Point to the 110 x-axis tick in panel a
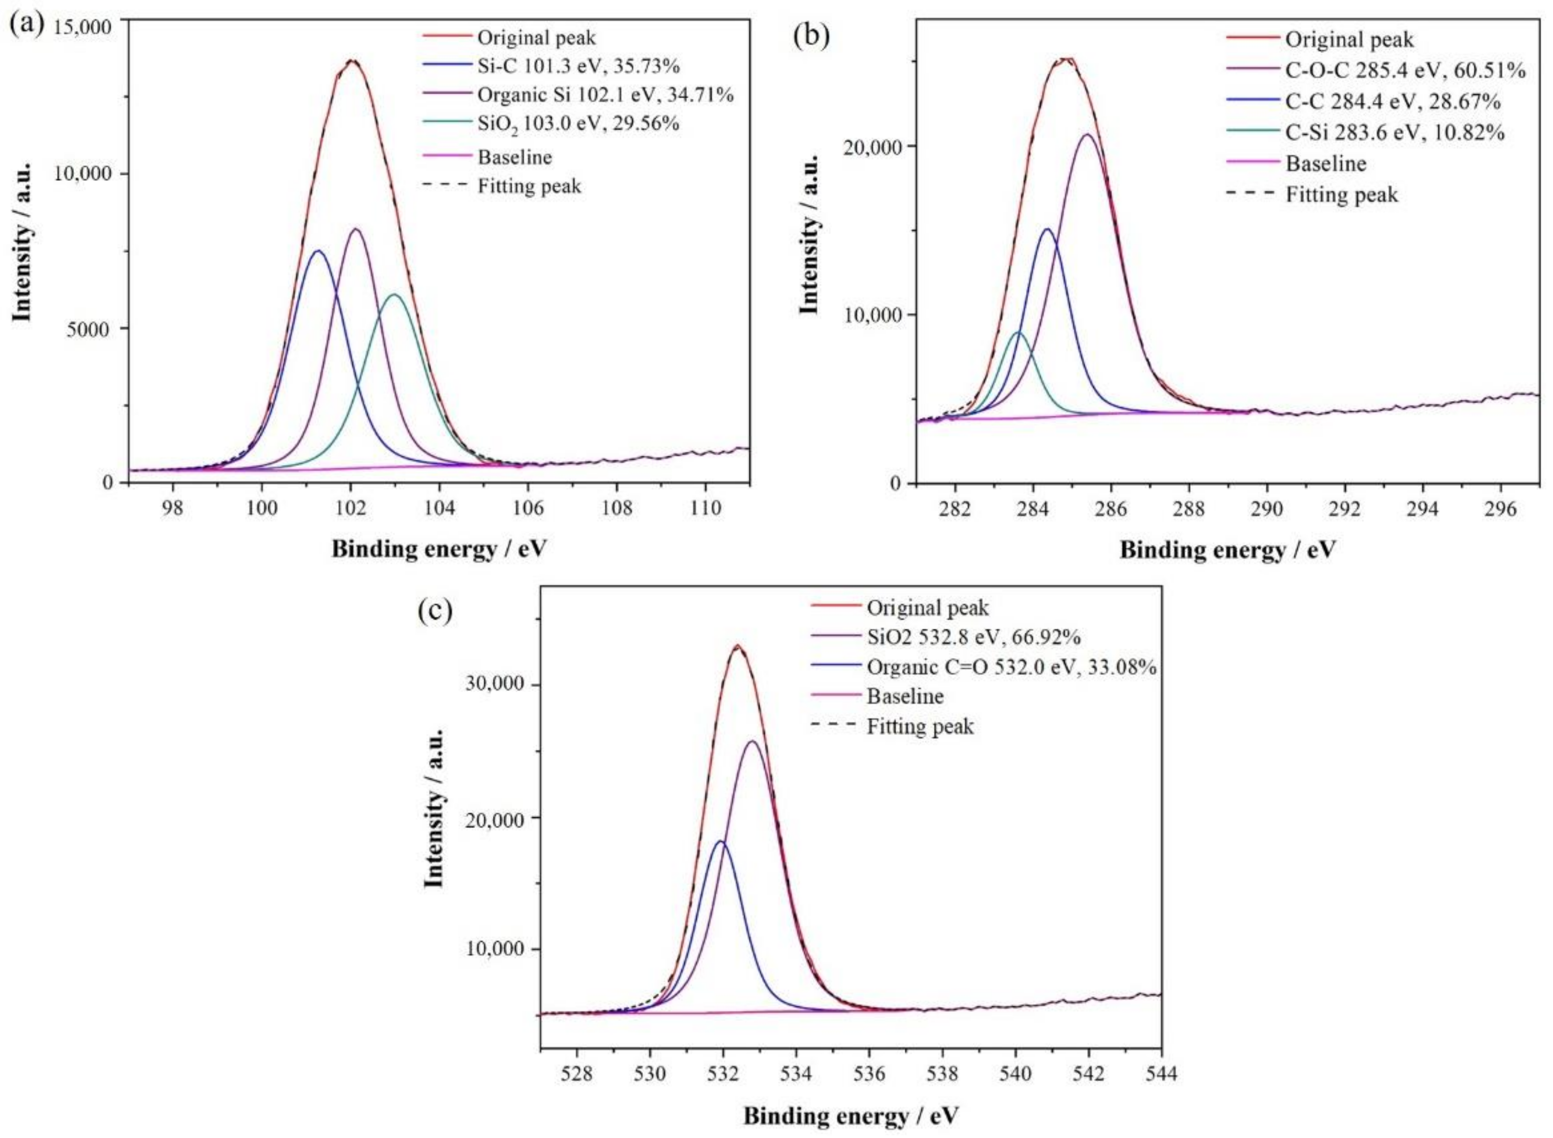(706, 508)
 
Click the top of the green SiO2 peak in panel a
(394, 295)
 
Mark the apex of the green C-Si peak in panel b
(1018, 333)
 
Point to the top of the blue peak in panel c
(721, 841)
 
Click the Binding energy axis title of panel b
(1227, 550)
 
